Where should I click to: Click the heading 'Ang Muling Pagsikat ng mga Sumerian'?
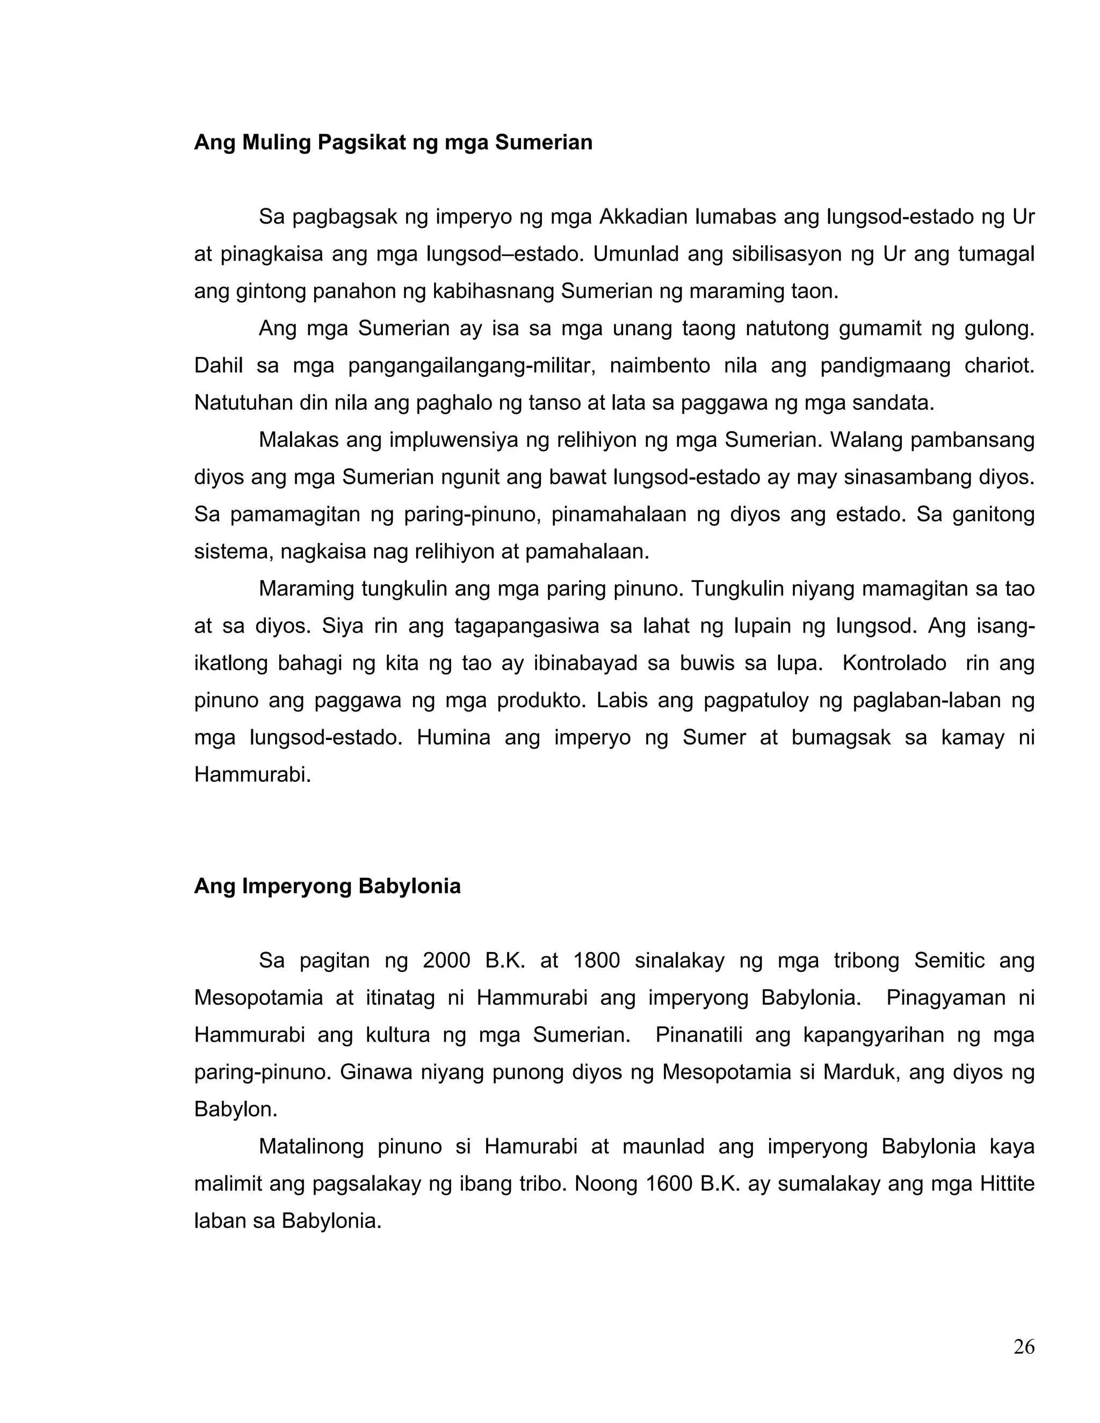click(393, 142)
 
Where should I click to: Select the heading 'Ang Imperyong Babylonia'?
click(327, 886)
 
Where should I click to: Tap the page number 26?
click(1024, 1347)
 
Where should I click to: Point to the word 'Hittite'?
click(1007, 1184)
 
